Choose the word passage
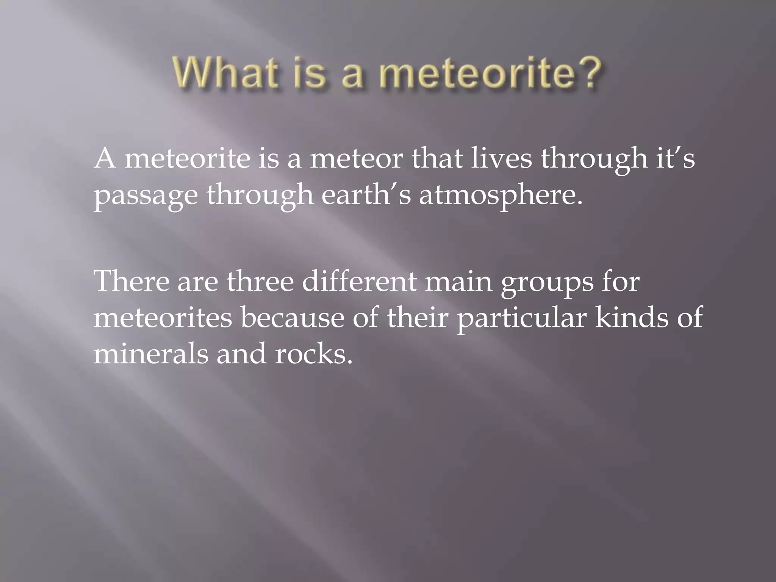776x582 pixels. (145, 196)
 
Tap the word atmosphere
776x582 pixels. (500, 196)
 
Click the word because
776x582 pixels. (292, 317)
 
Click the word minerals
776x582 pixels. (150, 354)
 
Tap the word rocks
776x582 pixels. (313, 354)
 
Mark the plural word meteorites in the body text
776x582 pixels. (163, 317)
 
